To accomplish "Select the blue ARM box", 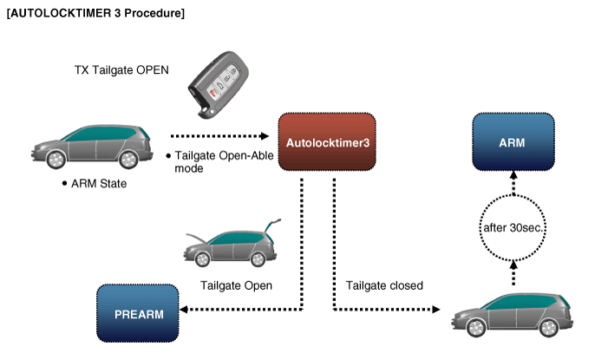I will pos(512,141).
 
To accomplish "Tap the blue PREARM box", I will pos(139,313).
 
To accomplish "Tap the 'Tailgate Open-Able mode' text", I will pos(207,161).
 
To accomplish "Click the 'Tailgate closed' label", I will pos(384,285).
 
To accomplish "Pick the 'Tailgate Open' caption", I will pos(236,285).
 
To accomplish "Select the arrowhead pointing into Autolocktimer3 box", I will pos(268,135).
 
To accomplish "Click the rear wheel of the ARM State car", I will pos(128,160).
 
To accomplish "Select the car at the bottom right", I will pos(512,313).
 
